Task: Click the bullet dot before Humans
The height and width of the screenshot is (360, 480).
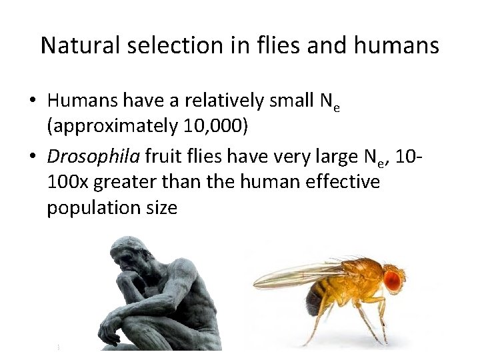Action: tap(32, 102)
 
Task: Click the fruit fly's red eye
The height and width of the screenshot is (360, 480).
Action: tap(395, 277)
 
